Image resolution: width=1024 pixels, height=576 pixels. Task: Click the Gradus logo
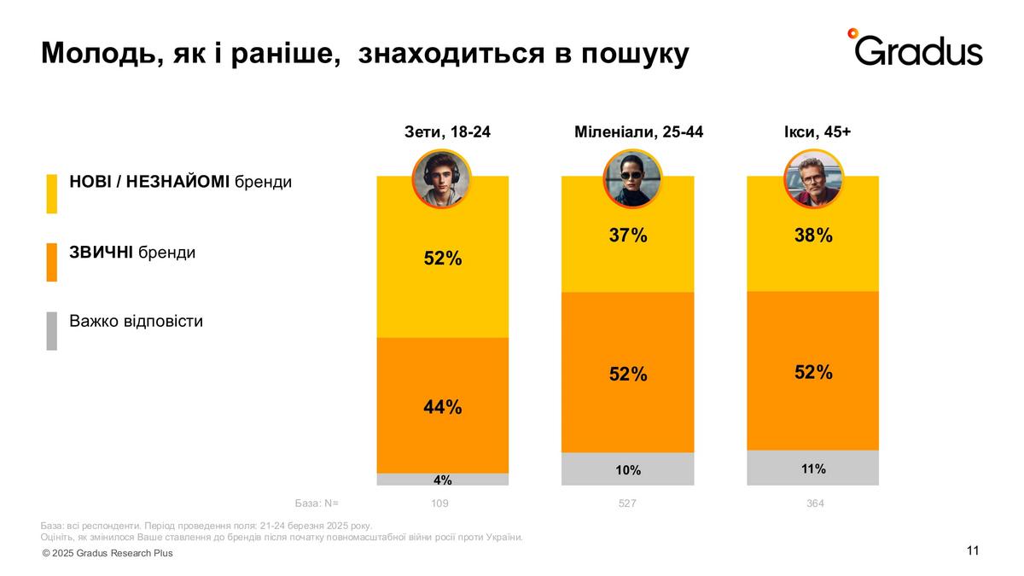point(915,48)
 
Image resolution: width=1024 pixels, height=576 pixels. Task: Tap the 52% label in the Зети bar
point(443,258)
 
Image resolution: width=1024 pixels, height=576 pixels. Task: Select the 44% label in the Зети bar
point(443,407)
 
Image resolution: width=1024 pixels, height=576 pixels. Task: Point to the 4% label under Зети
point(443,480)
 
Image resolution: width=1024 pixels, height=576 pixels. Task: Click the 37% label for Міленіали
point(628,236)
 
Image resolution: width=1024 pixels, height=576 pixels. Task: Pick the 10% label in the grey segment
point(628,470)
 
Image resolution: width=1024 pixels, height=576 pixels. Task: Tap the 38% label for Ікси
point(813,236)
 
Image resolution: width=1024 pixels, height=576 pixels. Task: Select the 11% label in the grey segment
point(813,468)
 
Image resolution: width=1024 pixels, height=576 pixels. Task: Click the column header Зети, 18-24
point(448,132)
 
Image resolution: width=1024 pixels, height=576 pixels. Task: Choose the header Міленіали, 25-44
point(639,132)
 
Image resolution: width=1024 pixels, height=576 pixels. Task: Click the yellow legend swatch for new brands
point(52,194)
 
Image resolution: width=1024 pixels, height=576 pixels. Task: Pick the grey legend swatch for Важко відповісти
point(52,330)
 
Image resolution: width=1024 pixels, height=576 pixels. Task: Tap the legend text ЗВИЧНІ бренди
point(132,253)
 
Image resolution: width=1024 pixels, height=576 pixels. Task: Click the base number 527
point(627,503)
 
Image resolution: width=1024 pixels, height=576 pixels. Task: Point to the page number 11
point(973,550)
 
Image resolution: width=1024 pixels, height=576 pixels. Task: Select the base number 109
point(439,503)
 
